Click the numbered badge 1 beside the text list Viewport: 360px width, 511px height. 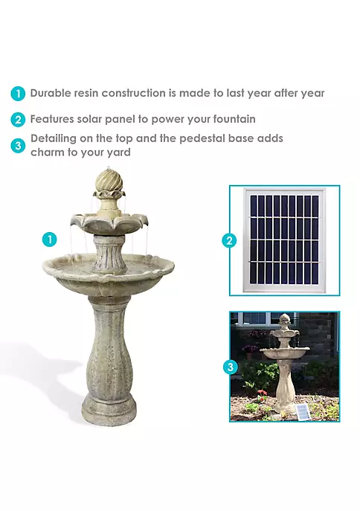[x=18, y=94]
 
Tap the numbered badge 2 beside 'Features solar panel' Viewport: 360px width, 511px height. [x=18, y=119]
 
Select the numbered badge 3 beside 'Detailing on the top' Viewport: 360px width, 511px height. [x=18, y=145]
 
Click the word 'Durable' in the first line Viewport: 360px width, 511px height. [x=51, y=94]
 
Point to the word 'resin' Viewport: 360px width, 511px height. [x=91, y=94]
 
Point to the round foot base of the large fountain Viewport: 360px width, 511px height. [x=109, y=408]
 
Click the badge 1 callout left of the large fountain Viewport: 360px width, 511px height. [x=50, y=240]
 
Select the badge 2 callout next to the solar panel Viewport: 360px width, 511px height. [x=229, y=240]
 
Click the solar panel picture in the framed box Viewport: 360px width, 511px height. [x=284, y=240]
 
